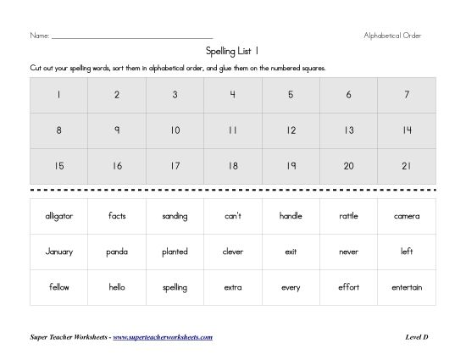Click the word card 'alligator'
click(x=58, y=216)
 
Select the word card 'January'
click(x=58, y=252)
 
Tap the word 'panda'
click(x=117, y=252)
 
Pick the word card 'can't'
click(x=232, y=216)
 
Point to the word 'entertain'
click(x=407, y=287)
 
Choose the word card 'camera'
click(x=407, y=216)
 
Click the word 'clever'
click(x=232, y=252)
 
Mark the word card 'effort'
click(x=348, y=287)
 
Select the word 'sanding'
click(x=175, y=216)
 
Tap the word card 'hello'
click(x=117, y=287)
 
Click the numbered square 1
click(x=58, y=95)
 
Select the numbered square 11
click(x=232, y=130)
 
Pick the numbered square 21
click(x=407, y=166)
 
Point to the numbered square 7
click(x=407, y=95)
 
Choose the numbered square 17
click(x=175, y=166)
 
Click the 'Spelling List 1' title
click(x=232, y=52)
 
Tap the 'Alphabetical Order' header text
click(x=392, y=36)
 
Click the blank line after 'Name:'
click(x=131, y=37)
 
